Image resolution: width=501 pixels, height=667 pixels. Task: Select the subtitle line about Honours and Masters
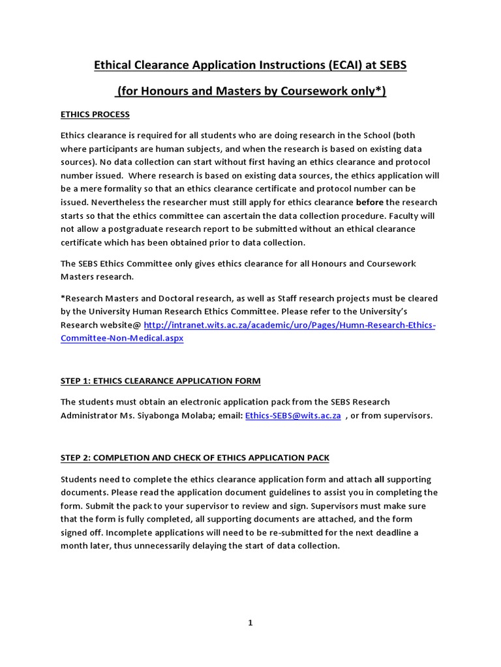coord(250,91)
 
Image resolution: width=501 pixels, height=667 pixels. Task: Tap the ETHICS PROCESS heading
coord(95,115)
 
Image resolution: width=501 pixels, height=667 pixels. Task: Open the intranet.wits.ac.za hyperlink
coord(289,325)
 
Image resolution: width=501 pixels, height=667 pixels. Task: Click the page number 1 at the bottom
coord(250,623)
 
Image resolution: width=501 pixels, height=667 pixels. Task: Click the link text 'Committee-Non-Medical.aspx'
coord(122,339)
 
